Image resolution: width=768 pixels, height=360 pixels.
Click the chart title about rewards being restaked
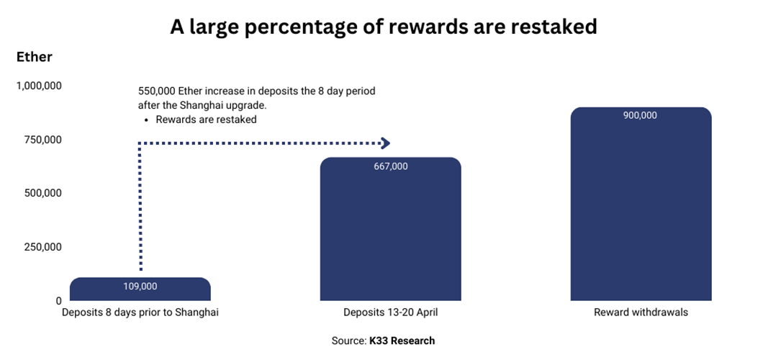pos(384,27)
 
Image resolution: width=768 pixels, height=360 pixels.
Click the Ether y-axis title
pos(35,57)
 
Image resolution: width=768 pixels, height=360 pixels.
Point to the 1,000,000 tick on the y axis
pos(39,86)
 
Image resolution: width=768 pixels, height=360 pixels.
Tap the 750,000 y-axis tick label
pos(42,140)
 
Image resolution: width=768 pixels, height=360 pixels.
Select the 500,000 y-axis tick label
pos(42,194)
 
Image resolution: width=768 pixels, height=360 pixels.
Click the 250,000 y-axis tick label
pos(42,247)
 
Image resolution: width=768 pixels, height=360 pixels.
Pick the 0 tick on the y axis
pos(58,301)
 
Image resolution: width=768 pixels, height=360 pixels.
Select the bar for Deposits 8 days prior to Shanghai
pos(140,289)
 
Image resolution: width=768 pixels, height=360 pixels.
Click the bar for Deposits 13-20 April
pos(390,229)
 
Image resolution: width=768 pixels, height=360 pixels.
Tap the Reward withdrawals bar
pos(641,204)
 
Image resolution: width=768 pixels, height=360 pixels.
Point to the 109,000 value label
pos(140,287)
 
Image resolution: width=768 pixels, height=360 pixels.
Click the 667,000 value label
pos(390,166)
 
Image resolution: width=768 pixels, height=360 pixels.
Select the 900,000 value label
pos(640,116)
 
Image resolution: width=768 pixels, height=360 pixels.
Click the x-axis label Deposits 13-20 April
pos(390,312)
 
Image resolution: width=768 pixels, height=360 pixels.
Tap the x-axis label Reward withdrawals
pos(641,312)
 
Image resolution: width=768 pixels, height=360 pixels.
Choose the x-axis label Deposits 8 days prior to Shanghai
pos(140,312)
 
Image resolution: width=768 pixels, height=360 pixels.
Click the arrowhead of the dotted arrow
pos(386,143)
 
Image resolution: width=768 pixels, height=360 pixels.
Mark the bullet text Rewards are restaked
pos(206,120)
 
